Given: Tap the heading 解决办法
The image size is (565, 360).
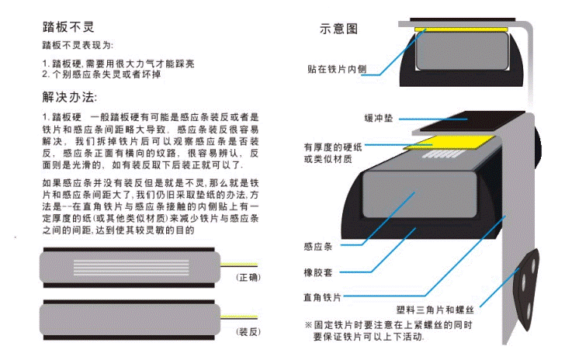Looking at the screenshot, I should pyautogui.click(x=69, y=99).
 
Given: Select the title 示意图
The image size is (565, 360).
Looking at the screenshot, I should pyautogui.click(x=338, y=29).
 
